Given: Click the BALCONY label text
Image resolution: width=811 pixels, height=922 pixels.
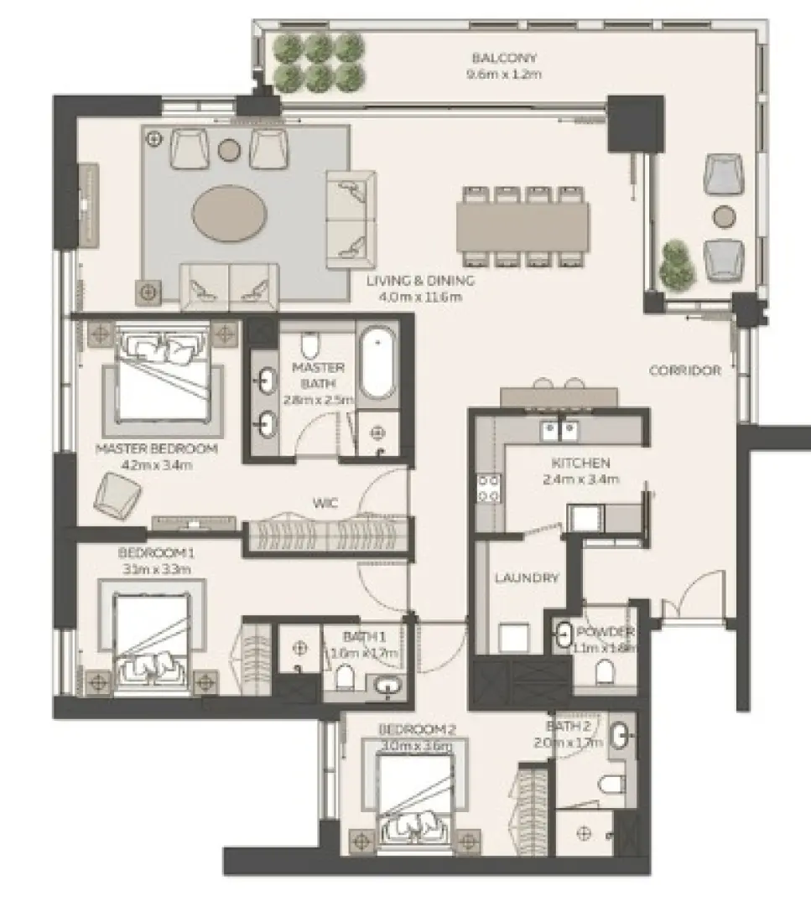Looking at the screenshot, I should [503, 58].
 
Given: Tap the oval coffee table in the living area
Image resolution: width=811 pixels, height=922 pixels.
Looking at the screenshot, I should [231, 213].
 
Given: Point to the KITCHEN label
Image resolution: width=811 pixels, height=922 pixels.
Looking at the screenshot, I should [580, 463].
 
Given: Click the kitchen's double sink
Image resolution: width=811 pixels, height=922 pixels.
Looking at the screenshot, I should [559, 430].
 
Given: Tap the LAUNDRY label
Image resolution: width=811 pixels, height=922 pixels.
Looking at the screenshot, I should [526, 578].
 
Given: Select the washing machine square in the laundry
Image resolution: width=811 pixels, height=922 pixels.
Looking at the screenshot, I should [513, 637].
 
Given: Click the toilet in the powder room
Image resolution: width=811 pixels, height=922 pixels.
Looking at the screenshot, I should [604, 671].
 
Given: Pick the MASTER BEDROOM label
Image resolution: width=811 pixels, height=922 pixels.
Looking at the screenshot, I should [156, 449].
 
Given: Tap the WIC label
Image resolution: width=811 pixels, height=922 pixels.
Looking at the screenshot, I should [325, 504].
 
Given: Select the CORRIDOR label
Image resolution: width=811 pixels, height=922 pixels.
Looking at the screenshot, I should [684, 370].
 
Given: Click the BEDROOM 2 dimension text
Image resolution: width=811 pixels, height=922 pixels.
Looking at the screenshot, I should [415, 746].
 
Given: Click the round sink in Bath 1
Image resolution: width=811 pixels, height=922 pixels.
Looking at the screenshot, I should [387, 685].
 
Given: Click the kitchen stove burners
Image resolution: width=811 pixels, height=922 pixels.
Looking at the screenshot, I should [488, 488].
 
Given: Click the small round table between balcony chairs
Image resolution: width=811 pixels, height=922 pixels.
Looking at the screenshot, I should [722, 216].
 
